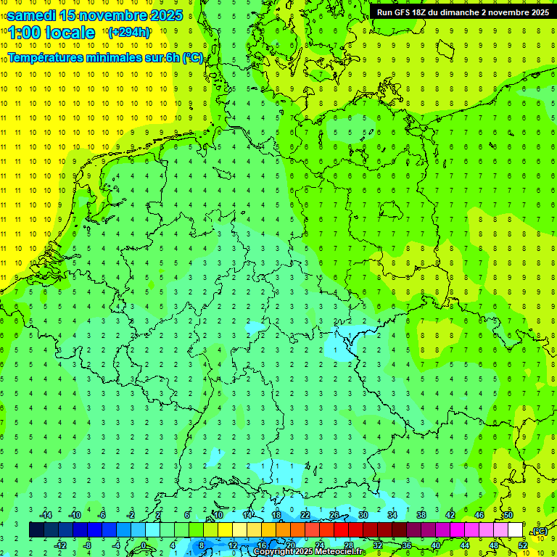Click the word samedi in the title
(x=31, y=15)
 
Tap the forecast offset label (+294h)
(x=128, y=32)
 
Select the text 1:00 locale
(x=52, y=33)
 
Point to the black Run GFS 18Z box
(x=462, y=12)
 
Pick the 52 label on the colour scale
(x=522, y=545)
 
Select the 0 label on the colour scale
(x=144, y=545)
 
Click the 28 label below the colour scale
(x=348, y=545)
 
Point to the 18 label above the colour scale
(x=276, y=514)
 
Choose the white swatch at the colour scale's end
(x=515, y=529)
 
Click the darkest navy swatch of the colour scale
(x=36, y=529)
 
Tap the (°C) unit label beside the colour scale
(x=540, y=531)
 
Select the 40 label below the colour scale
(x=435, y=545)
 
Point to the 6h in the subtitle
(x=172, y=57)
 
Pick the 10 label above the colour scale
(x=218, y=514)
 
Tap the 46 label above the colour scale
(x=479, y=514)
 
